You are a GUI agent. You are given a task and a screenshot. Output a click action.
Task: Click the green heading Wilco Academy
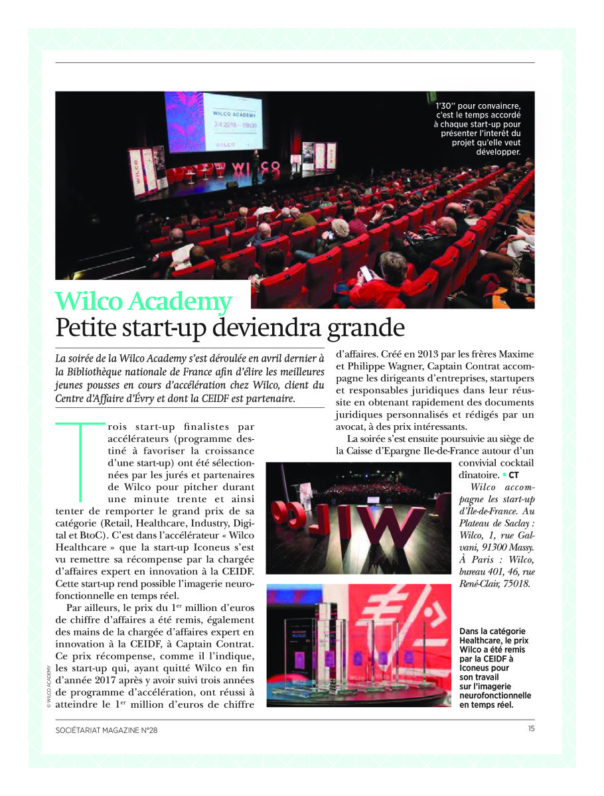[144, 302]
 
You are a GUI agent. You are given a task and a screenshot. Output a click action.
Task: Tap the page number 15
[531, 728]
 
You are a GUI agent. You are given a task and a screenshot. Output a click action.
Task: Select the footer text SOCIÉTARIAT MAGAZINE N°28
[107, 730]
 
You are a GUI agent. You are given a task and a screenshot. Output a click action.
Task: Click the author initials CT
[514, 475]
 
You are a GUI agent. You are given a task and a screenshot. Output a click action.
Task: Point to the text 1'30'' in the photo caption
[446, 105]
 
